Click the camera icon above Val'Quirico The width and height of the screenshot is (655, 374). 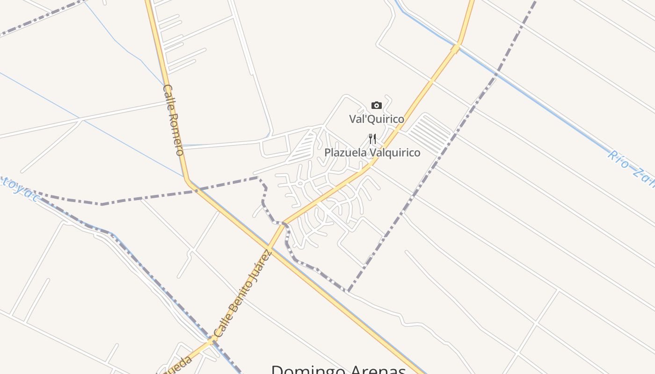coord(376,105)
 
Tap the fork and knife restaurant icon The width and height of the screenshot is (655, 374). coord(372,138)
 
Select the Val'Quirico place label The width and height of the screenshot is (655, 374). coord(376,119)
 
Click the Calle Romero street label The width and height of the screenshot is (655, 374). coord(173,120)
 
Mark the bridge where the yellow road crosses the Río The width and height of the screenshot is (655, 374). coord(455,48)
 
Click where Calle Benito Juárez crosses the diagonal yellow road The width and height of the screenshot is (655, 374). coord(269,246)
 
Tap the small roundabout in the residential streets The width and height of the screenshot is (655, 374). coord(300,184)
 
